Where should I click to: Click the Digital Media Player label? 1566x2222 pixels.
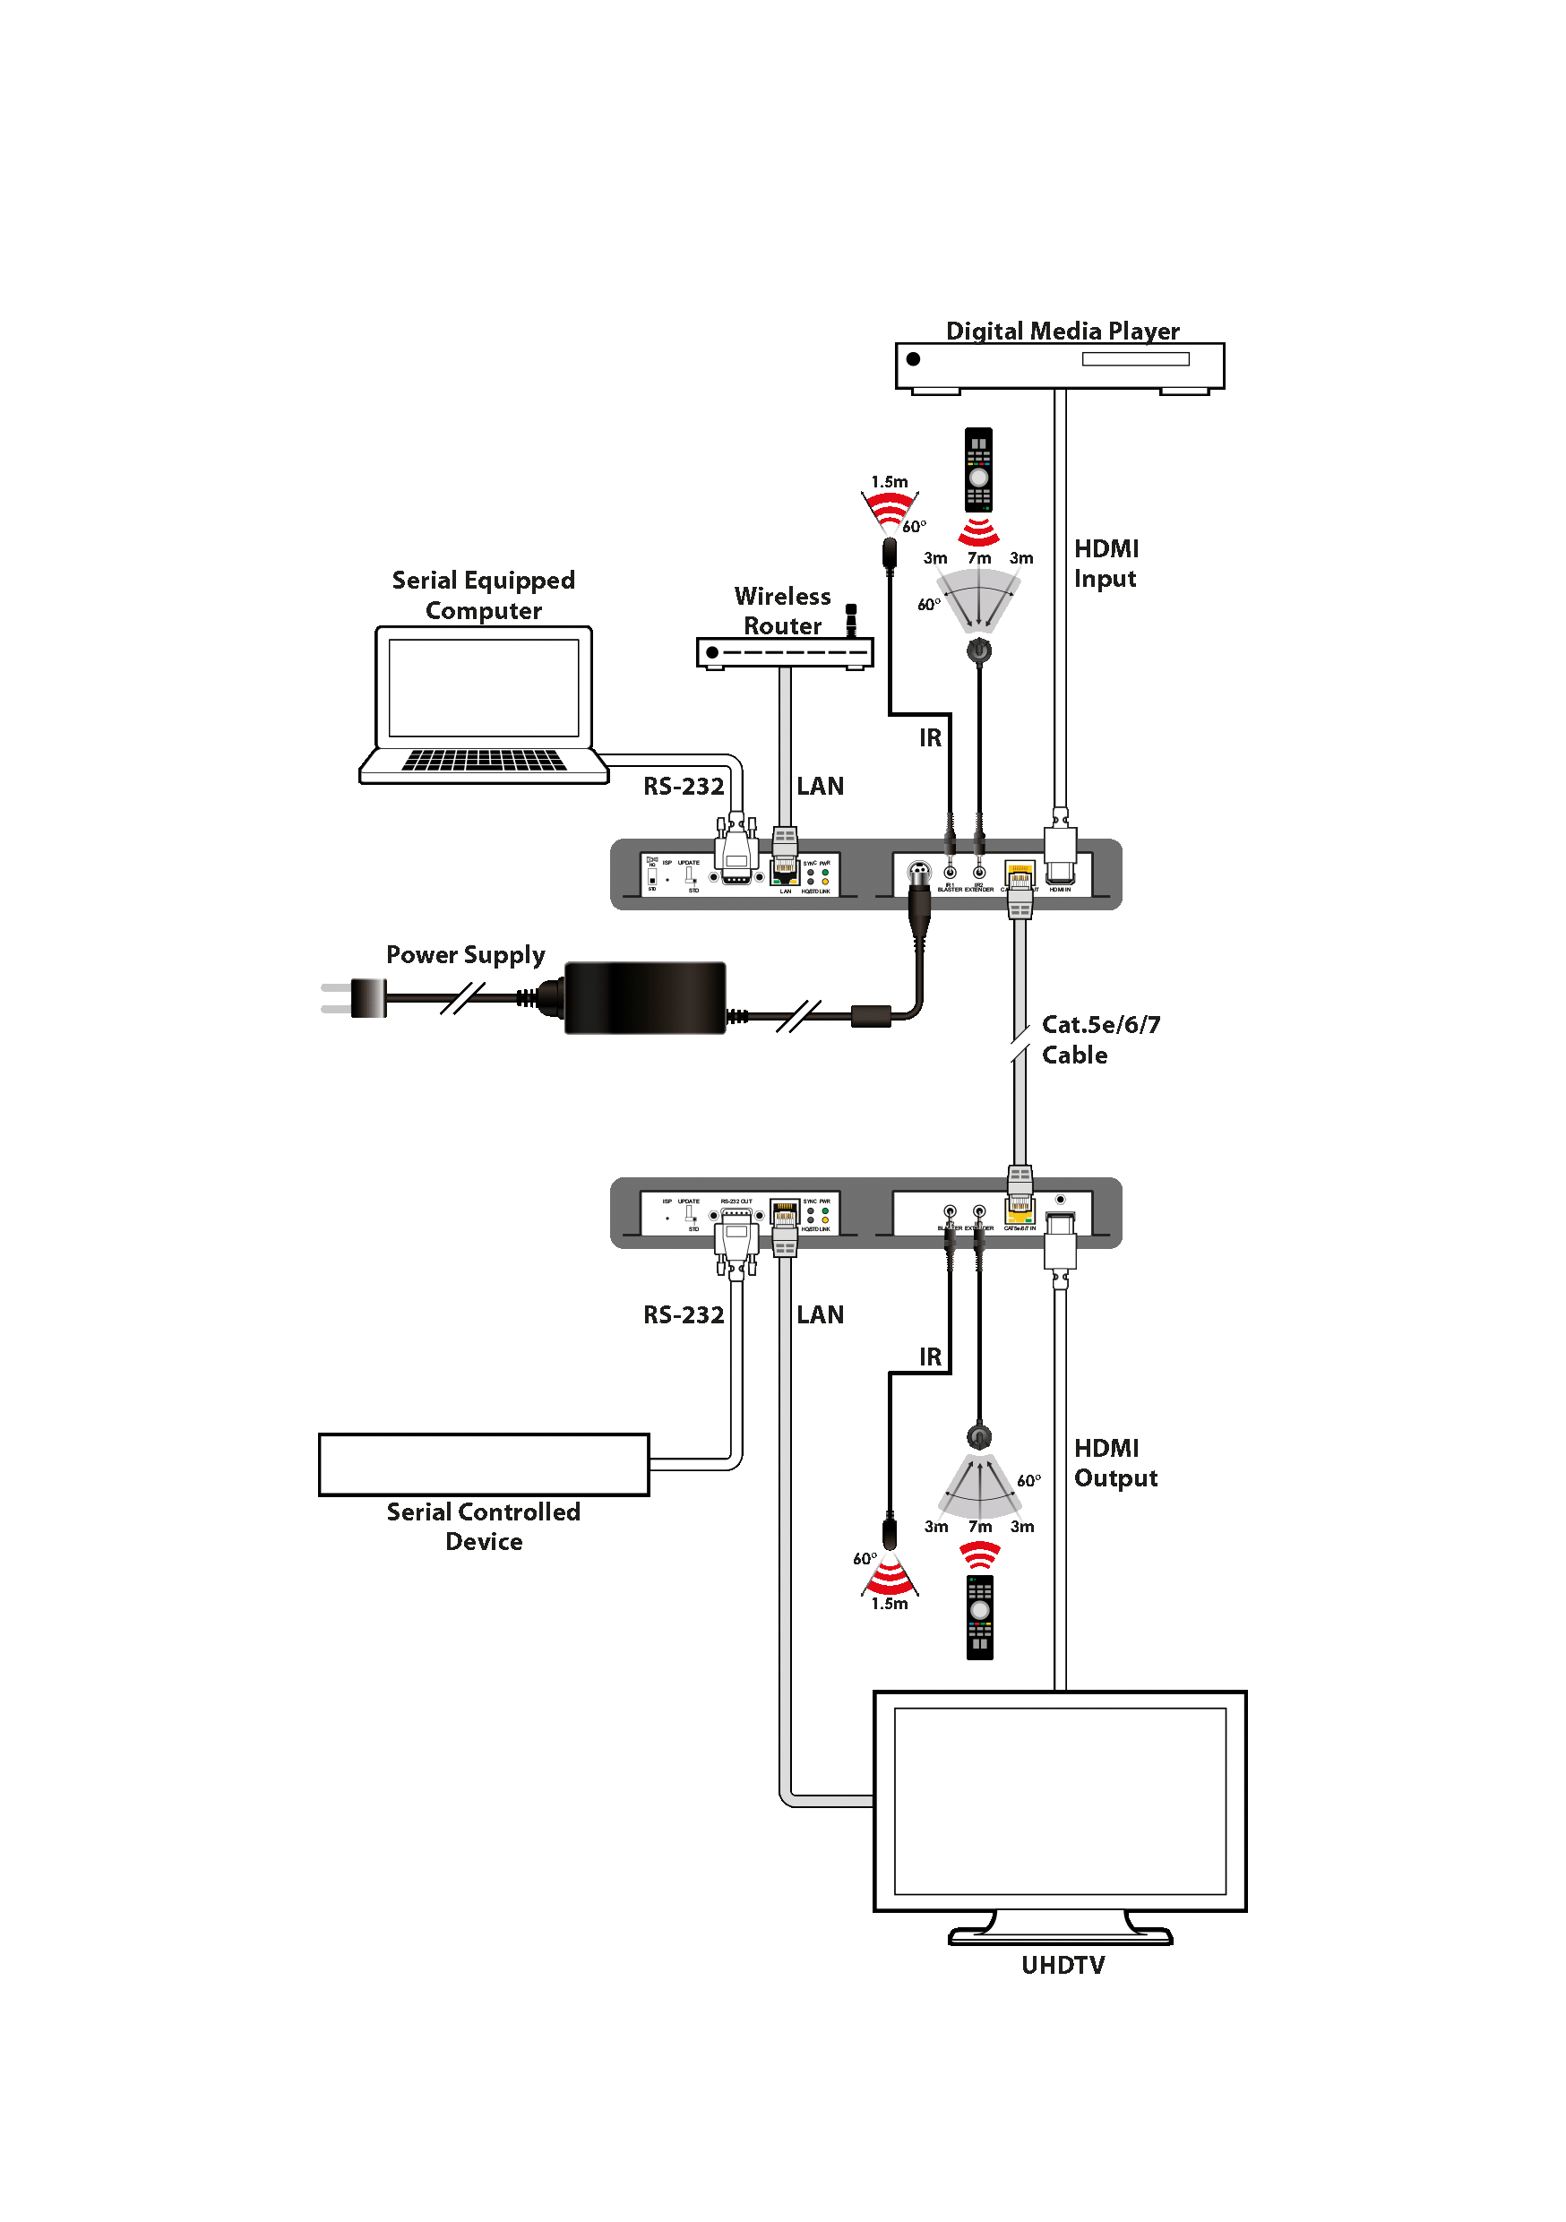pyautogui.click(x=1062, y=331)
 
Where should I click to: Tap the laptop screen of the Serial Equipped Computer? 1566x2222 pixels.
pyautogui.click(x=483, y=688)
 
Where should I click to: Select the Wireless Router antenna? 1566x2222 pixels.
pyautogui.click(x=851, y=619)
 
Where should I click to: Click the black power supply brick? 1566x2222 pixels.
pyautogui.click(x=645, y=998)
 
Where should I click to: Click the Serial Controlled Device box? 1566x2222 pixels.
pyautogui.click(x=483, y=1464)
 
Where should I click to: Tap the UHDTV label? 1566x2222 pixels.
pyautogui.click(x=1063, y=1965)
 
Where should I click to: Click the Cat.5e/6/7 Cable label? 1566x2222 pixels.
pyautogui.click(x=1099, y=1039)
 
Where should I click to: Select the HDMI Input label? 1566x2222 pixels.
pyautogui.click(x=1106, y=564)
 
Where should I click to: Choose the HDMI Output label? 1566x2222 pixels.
pyautogui.click(x=1115, y=1462)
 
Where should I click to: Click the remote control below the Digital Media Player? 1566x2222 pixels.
pyautogui.click(x=978, y=469)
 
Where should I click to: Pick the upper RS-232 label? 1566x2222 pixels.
pyautogui.click(x=684, y=786)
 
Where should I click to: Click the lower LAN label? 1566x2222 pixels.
pyautogui.click(x=820, y=1314)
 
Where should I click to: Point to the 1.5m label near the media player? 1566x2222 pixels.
pyautogui.click(x=889, y=482)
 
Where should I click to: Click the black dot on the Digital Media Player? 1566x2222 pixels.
pyautogui.click(x=913, y=359)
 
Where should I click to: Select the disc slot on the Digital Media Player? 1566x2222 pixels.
pyautogui.click(x=1135, y=359)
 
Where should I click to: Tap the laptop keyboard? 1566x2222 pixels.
pyautogui.click(x=483, y=760)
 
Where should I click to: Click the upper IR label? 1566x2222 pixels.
pyautogui.click(x=929, y=737)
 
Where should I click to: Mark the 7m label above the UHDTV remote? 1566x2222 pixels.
pyautogui.click(x=979, y=1526)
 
